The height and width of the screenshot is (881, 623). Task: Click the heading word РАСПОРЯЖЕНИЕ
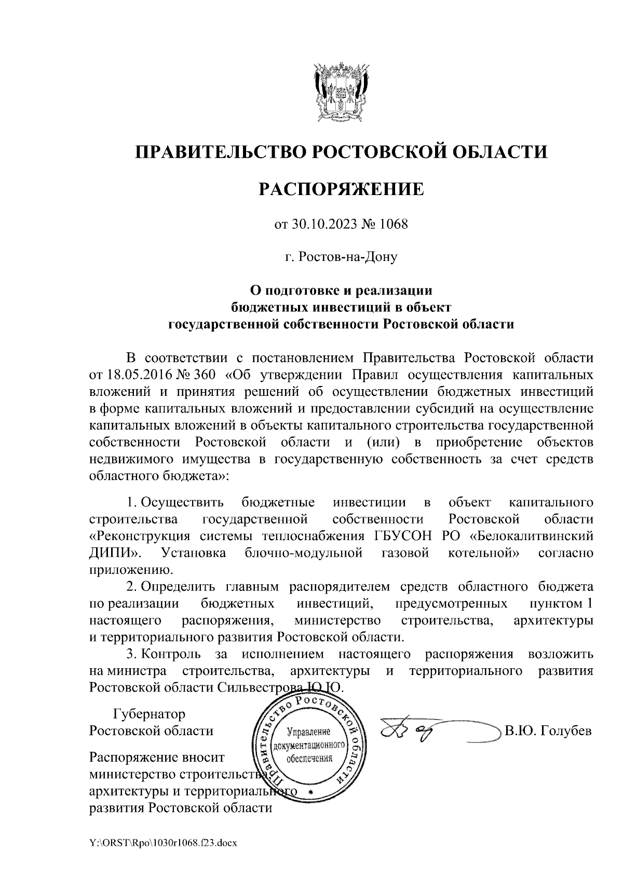point(341,189)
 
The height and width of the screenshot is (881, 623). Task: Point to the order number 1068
point(394,225)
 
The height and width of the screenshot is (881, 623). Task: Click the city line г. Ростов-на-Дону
point(341,257)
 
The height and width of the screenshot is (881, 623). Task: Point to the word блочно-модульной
point(303,553)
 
